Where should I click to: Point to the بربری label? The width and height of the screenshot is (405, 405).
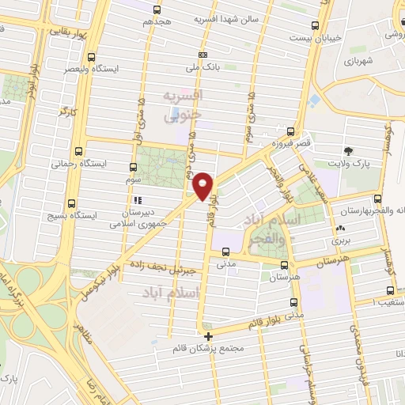[341, 240]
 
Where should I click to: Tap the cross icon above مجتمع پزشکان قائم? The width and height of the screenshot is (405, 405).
[208, 336]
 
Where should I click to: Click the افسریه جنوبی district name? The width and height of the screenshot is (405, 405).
[184, 105]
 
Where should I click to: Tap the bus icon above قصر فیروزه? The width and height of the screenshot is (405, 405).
[291, 132]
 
